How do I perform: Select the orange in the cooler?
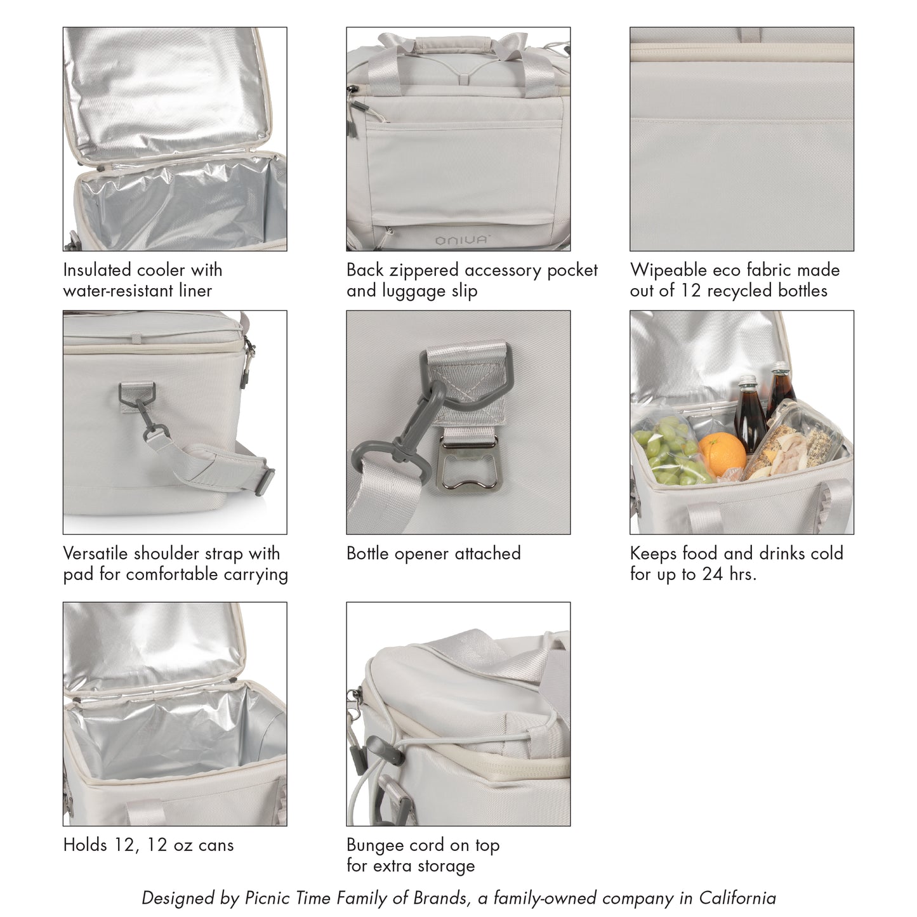[x=722, y=454]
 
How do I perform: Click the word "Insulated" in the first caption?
[x=97, y=270]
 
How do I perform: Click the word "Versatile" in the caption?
[x=95, y=553]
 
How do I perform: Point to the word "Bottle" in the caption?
[x=367, y=553]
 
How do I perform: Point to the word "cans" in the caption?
[x=216, y=846]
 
